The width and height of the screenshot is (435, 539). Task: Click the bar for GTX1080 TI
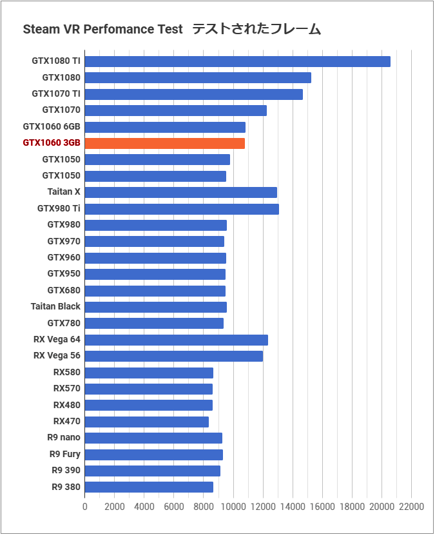click(x=237, y=61)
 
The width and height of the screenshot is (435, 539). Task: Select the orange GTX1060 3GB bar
click(x=164, y=143)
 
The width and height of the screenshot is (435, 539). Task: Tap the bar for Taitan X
click(x=180, y=192)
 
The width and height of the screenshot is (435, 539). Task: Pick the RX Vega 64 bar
click(x=176, y=340)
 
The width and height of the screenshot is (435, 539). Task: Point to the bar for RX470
click(x=146, y=422)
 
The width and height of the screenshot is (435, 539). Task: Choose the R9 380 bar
click(x=149, y=487)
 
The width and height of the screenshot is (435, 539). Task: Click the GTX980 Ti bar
click(x=181, y=209)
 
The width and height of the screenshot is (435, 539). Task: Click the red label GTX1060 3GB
click(x=52, y=143)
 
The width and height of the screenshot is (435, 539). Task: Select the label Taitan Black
click(x=55, y=307)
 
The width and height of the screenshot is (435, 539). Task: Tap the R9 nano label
click(x=64, y=438)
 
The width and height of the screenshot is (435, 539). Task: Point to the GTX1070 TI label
click(x=56, y=93)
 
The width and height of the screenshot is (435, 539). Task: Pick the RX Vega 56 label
click(x=57, y=356)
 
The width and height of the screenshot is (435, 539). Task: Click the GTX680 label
click(x=64, y=290)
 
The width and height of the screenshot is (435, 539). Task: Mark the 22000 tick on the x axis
click(x=411, y=507)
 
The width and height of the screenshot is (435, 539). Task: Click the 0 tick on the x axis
click(x=85, y=507)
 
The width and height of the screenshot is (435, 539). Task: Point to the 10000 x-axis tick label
click(x=233, y=507)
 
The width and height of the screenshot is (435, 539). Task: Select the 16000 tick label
click(x=322, y=507)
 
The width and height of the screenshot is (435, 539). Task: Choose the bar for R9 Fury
click(x=153, y=455)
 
